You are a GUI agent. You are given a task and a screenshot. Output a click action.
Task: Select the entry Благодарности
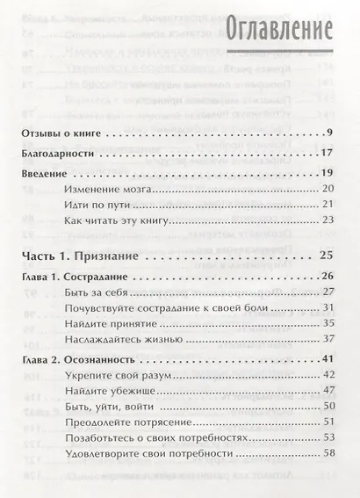61,152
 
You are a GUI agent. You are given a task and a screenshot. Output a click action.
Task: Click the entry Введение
44,173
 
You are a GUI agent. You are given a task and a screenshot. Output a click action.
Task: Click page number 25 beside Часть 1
328,257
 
